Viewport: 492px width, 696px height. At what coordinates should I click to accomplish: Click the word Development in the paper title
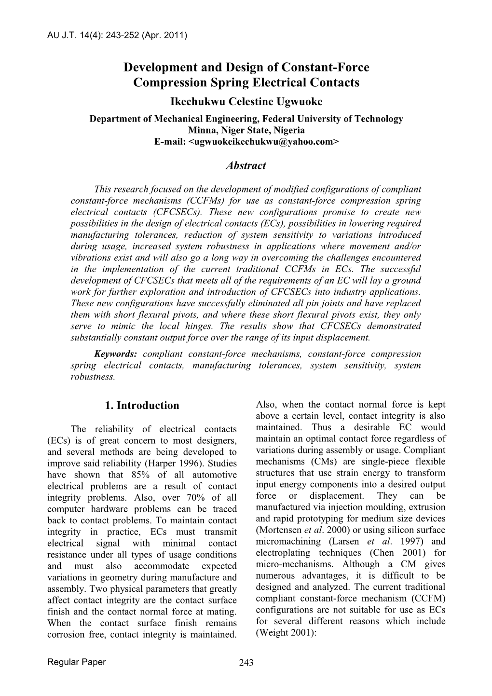pyautogui.click(x=158, y=67)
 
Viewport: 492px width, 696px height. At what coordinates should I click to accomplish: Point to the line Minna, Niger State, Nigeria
pyautogui.click(x=246, y=130)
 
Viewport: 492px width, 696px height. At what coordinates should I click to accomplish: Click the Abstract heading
pyautogui.click(x=246, y=165)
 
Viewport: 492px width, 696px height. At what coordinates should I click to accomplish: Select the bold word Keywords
pyautogui.click(x=116, y=354)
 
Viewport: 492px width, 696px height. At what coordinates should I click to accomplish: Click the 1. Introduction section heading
pyautogui.click(x=142, y=406)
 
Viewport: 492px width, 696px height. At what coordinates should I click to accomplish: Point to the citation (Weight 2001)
pyautogui.click(x=286, y=633)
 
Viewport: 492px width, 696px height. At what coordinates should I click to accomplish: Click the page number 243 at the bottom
pyautogui.click(x=246, y=663)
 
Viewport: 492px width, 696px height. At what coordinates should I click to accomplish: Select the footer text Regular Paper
pyautogui.click(x=77, y=662)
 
